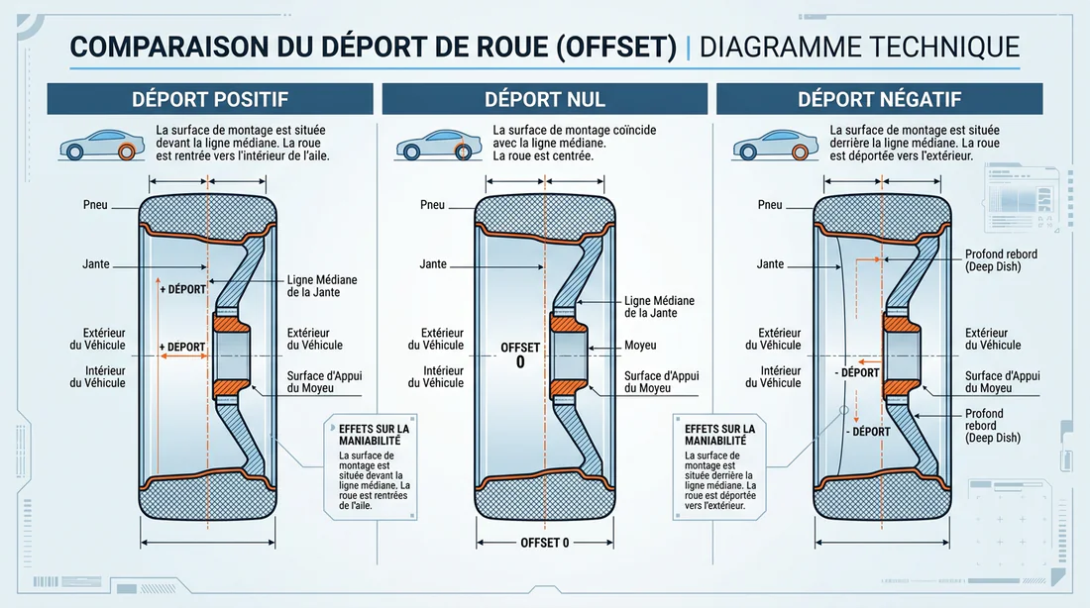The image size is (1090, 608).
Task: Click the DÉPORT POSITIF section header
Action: [210, 99]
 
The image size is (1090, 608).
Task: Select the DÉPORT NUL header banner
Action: [545, 99]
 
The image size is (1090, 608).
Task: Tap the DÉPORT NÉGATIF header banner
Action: [879, 99]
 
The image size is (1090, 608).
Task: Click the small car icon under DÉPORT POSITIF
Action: [96, 147]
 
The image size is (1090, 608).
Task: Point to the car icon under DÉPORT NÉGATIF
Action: [769, 147]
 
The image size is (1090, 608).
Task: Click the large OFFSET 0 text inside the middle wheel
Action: [520, 355]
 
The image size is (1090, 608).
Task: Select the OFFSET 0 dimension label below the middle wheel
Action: [546, 543]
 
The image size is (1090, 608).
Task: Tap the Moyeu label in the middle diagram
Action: [641, 346]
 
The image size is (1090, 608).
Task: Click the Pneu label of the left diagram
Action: [97, 205]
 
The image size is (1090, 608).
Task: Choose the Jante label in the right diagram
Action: [770, 264]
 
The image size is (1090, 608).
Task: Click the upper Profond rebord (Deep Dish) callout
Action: [1000, 260]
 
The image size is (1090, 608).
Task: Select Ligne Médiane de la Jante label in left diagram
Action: [321, 286]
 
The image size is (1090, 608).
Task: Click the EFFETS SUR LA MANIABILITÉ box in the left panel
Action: [372, 469]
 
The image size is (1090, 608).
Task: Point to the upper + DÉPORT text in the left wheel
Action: [181, 290]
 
